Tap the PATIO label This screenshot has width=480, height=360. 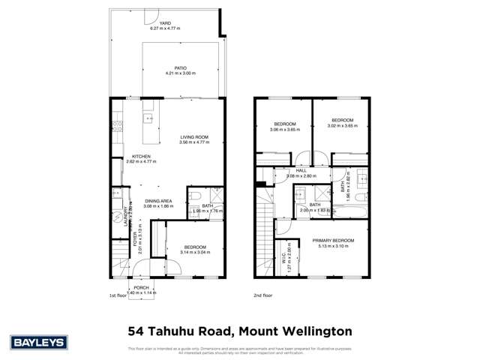[179, 68]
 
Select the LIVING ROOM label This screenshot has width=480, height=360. [193, 137]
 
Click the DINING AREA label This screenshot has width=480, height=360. [158, 201]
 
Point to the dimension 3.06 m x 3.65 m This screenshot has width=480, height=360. [284, 129]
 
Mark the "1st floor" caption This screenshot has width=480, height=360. [118, 295]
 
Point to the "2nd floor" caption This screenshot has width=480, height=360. [263, 295]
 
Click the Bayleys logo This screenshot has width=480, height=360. [39, 342]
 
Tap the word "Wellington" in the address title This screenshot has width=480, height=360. [309, 331]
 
